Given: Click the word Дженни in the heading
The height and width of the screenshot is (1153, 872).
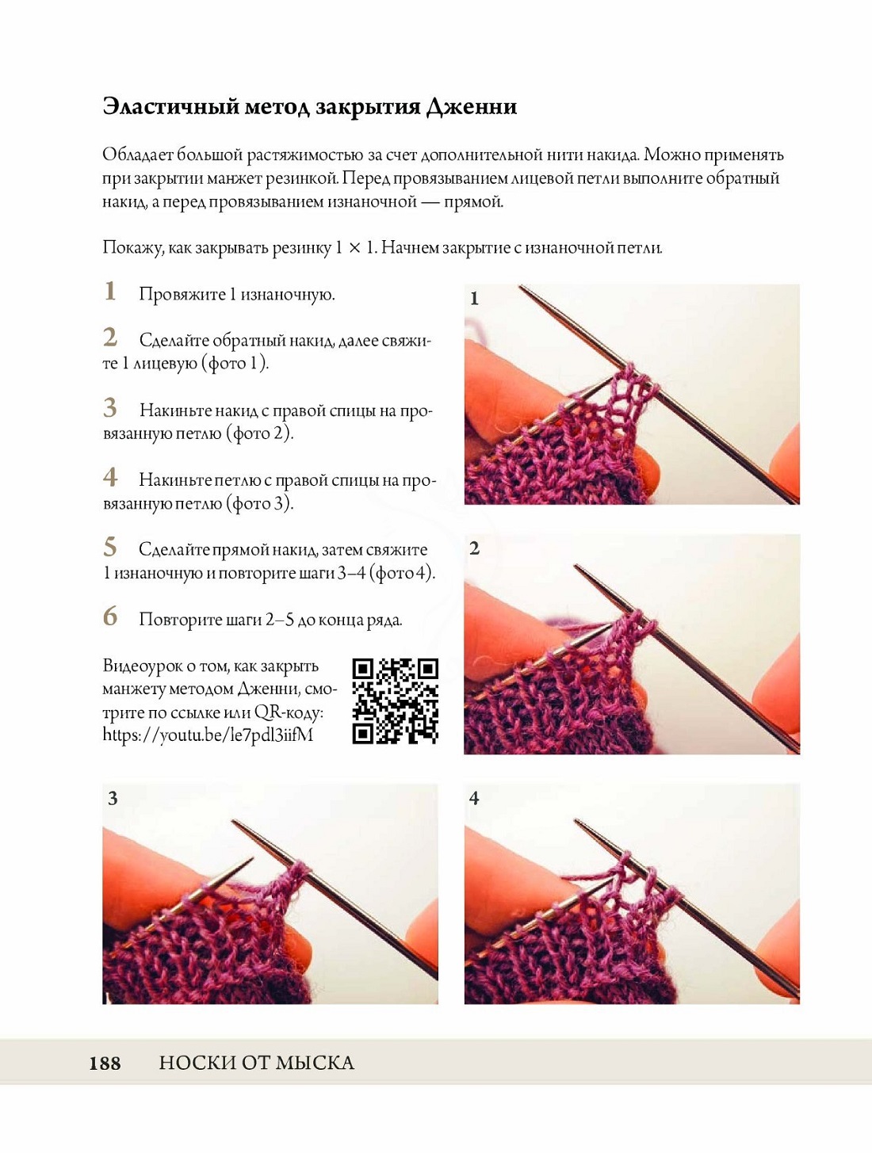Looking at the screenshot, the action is pyautogui.click(x=471, y=107).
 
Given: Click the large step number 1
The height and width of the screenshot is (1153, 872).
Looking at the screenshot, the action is pyautogui.click(x=109, y=291).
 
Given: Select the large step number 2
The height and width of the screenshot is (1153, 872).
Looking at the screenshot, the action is pyautogui.click(x=110, y=338).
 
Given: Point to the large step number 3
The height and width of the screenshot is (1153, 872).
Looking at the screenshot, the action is pyautogui.click(x=110, y=407).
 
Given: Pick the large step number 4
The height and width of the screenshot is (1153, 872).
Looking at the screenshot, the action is pyautogui.click(x=110, y=478).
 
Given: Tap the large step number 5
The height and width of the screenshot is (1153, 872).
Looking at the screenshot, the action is pyautogui.click(x=110, y=548).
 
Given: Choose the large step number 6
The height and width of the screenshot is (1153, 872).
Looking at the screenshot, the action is pyautogui.click(x=110, y=617).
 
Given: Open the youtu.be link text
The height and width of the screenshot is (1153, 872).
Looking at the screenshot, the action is pyautogui.click(x=208, y=735).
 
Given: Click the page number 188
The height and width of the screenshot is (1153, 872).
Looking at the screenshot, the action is pyautogui.click(x=105, y=1063).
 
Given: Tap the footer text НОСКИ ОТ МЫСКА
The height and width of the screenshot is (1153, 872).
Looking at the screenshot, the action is pyautogui.click(x=257, y=1063).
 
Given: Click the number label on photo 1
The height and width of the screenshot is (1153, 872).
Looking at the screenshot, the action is pyautogui.click(x=474, y=299).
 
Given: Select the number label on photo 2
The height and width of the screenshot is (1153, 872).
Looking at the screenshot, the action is pyautogui.click(x=474, y=549).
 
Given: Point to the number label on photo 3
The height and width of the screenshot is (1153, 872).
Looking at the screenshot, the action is pyautogui.click(x=113, y=799).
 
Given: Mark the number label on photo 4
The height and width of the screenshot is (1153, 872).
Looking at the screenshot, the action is pyautogui.click(x=474, y=799).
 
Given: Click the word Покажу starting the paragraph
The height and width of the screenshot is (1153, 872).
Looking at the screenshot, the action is pyautogui.click(x=132, y=248).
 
